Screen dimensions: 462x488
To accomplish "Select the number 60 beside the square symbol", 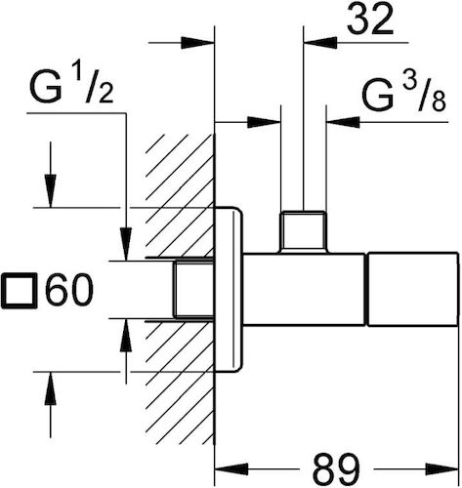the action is pos(69,289).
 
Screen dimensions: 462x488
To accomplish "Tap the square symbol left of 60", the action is pos(20,291).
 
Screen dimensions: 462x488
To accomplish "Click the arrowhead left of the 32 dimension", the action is pos(320,42).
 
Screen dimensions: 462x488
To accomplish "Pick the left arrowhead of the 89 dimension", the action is pos(231,469).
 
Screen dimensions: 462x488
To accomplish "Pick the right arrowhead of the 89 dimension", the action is pos(441,469).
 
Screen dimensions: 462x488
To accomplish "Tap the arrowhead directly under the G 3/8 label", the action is pos(343,122).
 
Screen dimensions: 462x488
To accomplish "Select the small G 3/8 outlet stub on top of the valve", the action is pos(304,231).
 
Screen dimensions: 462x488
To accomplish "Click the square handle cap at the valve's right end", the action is pos(412,289).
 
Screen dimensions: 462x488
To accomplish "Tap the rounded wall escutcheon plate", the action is pos(229,289).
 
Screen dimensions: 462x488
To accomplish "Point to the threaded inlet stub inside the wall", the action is pos(193,289).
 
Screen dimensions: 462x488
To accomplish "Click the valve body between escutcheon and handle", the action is pos(304,289).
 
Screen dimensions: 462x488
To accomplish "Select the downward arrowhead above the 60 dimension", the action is pos(50,191).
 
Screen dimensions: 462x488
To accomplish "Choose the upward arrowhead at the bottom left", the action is pos(50,388).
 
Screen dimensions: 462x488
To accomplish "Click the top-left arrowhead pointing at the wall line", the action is pos(197,43).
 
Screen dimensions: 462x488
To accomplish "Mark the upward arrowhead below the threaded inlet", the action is pos(126,335).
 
